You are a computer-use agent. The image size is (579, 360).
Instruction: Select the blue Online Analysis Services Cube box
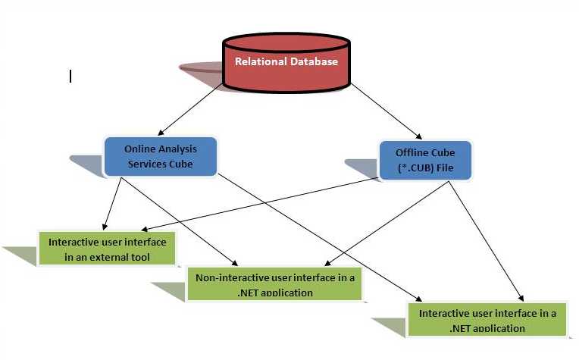(x=160, y=156)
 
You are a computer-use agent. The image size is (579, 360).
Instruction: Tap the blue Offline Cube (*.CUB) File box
(x=425, y=160)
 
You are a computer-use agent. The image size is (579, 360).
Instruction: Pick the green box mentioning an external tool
(x=108, y=249)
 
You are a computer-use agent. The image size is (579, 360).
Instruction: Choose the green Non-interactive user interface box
(x=274, y=283)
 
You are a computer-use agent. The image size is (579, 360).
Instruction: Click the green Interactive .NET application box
(x=487, y=319)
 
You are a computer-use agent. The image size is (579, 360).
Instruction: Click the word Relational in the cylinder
(x=258, y=61)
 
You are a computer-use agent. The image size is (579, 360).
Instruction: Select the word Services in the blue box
(x=147, y=164)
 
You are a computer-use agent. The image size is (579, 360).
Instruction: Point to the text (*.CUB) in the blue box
(x=416, y=167)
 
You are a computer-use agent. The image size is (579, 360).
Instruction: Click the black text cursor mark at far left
(x=70, y=76)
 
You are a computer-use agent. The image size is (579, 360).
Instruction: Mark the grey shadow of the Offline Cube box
(x=360, y=167)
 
